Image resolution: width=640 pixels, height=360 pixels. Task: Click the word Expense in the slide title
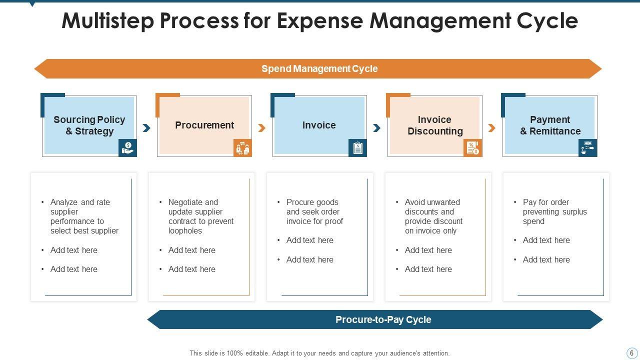[319, 21]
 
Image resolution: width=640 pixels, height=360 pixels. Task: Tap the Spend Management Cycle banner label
[319, 68]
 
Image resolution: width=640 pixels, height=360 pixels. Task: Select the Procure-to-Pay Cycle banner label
[383, 319]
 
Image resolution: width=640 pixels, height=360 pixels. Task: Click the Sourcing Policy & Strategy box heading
[89, 125]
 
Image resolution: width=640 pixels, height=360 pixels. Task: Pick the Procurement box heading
[204, 125]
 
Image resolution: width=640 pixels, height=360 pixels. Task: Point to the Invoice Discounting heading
[435, 125]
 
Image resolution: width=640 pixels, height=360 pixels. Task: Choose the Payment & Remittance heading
[550, 125]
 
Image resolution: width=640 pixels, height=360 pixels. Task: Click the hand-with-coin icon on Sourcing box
[127, 147]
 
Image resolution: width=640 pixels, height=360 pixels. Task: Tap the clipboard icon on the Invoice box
[357, 147]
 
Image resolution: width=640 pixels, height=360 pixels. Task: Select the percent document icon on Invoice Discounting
[473, 147]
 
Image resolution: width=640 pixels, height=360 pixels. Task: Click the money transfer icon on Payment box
[587, 147]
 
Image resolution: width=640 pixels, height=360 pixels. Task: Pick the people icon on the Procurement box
[242, 147]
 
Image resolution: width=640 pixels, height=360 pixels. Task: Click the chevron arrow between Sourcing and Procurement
[146, 128]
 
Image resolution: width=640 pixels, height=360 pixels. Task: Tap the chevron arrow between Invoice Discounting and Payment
[491, 128]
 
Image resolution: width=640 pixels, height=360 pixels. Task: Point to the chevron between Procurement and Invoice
[261, 128]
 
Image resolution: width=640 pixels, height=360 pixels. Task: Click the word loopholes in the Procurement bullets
[185, 231]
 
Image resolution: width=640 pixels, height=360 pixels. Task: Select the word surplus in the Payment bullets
[574, 211]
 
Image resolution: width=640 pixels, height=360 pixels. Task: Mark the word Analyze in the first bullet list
[64, 202]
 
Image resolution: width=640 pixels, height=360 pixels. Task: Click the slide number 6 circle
[631, 353]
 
